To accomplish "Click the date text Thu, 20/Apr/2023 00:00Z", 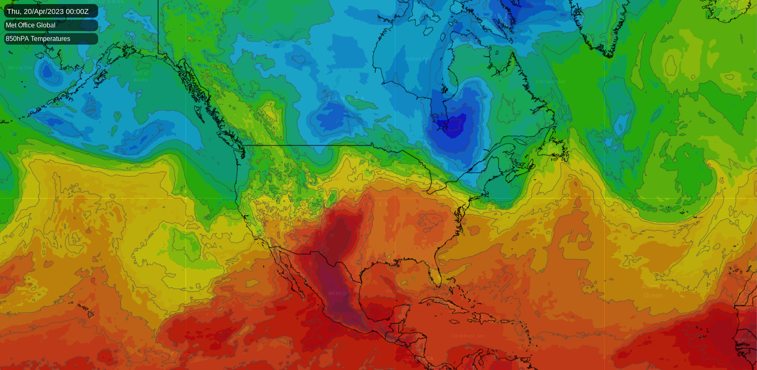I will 48,11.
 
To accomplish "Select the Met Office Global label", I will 31,25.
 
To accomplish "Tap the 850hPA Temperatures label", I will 38,39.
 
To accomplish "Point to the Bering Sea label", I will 20,68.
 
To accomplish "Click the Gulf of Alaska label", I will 140,76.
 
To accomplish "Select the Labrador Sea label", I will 550,81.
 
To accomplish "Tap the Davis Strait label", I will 544,4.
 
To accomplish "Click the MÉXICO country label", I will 337,293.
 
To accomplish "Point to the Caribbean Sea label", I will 468,336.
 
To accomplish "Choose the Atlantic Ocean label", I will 653,291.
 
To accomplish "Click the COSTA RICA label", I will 419,359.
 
